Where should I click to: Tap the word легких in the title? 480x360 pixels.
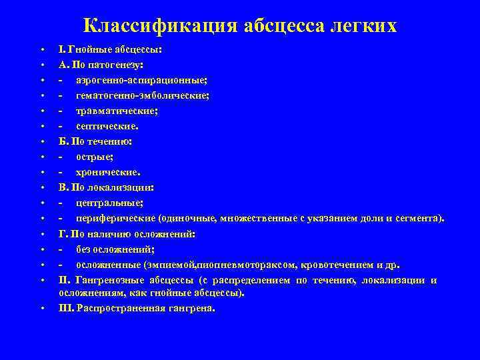pyautogui.click(x=363, y=26)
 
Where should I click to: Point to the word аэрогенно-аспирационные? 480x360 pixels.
pyautogui.click(x=141, y=81)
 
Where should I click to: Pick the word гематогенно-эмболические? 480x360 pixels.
pyautogui.click(x=142, y=96)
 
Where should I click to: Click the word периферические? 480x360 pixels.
pyautogui.click(x=115, y=218)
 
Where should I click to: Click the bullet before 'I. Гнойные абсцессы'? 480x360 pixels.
pyautogui.click(x=41, y=50)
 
